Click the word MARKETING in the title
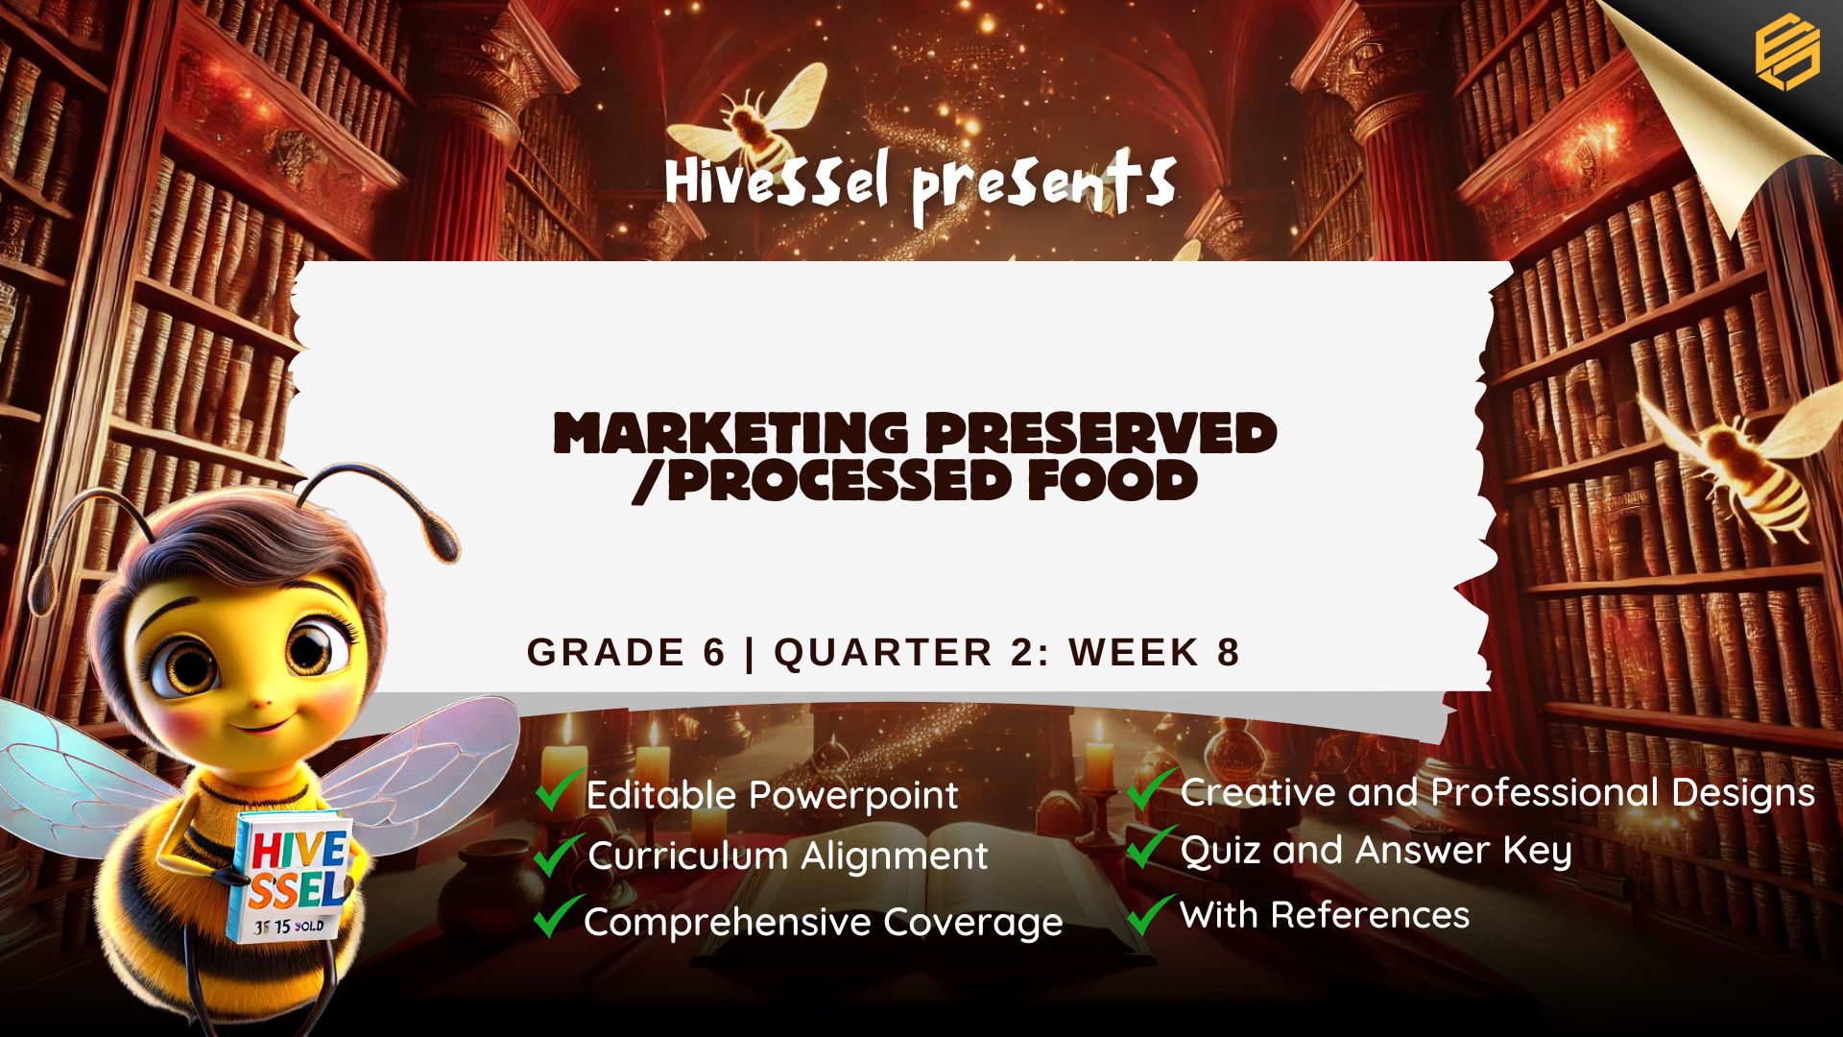730,433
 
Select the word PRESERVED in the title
1101,433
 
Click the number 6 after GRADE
714,652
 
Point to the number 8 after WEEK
1229,652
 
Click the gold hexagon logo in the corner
1787,52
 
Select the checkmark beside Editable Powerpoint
560,789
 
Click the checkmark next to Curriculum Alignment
558,854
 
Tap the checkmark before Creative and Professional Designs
1151,788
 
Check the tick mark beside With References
1151,913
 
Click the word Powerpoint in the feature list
853,796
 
